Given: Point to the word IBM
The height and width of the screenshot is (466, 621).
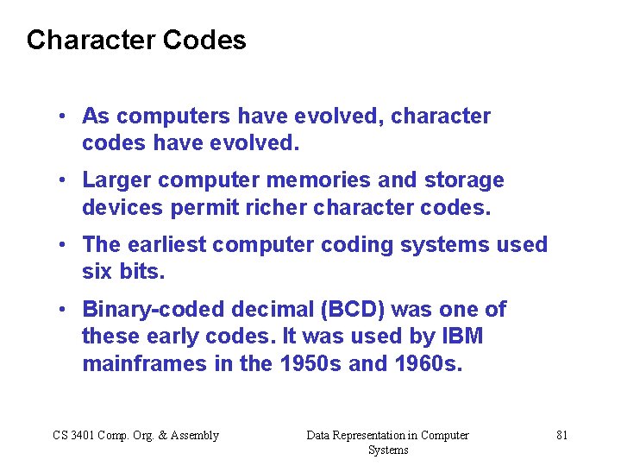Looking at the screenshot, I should (462, 337).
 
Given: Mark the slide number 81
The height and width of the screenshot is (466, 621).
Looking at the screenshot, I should (561, 436).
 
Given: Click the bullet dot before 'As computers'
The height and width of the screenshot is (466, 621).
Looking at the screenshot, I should (65, 116).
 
